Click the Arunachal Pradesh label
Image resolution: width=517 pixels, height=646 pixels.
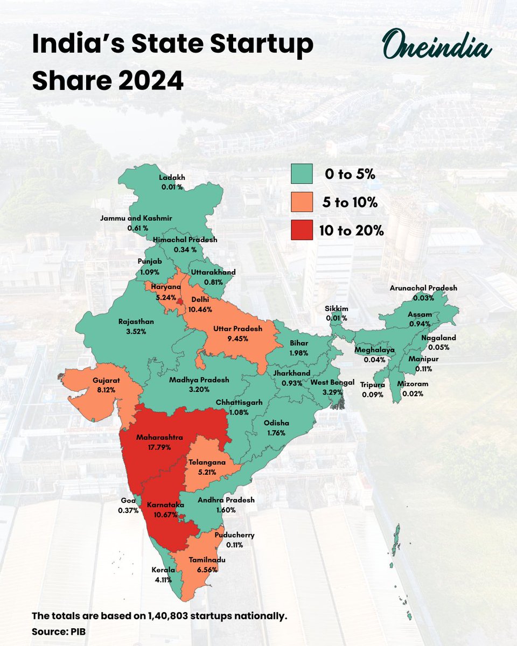423,288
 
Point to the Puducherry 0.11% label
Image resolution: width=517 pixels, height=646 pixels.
234,540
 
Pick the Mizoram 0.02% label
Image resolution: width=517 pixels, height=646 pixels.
414,389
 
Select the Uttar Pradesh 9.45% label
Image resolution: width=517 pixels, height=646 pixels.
237,333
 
